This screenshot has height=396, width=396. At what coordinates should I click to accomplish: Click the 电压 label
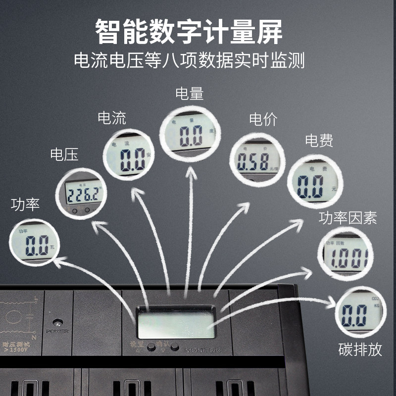(64, 155)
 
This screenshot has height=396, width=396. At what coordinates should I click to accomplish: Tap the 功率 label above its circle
(25, 204)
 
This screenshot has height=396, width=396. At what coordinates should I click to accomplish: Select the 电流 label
(112, 118)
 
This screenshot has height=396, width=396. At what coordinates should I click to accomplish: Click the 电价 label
(263, 119)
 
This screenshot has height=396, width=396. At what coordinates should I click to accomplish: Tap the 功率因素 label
(347, 217)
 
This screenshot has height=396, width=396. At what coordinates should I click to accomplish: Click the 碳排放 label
(360, 349)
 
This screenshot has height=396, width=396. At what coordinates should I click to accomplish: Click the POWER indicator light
(58, 322)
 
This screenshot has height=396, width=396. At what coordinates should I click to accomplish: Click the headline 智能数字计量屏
(189, 33)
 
